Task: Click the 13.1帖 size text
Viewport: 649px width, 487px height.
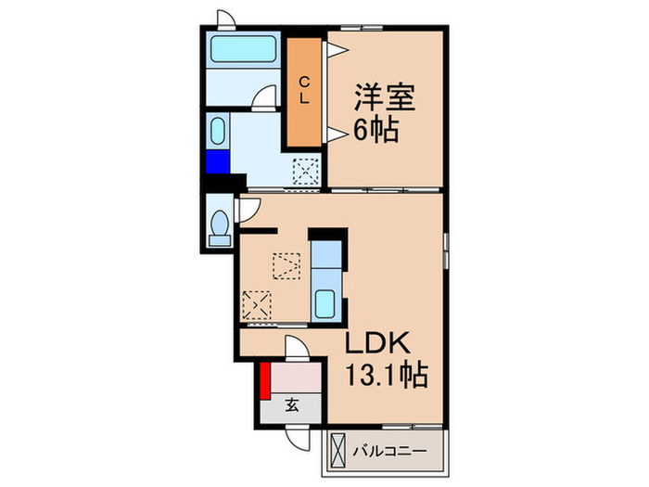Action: [387, 376]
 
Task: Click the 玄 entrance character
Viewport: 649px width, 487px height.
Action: [291, 404]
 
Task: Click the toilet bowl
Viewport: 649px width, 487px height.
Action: [220, 225]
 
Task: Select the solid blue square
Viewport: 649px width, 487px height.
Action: [218, 162]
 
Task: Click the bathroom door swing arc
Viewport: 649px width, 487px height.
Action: [267, 96]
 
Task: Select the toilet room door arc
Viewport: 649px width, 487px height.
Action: [246, 211]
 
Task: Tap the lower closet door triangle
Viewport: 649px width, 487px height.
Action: [335, 135]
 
